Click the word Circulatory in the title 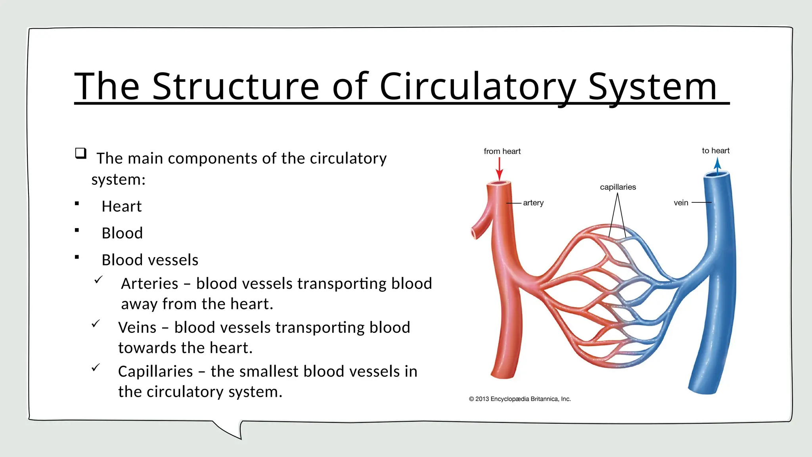[x=478, y=86]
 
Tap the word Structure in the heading [x=236, y=86]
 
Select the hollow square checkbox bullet [x=81, y=153]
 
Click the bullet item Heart [x=121, y=206]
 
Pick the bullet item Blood [x=122, y=233]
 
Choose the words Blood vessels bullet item [x=150, y=260]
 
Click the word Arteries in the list [x=149, y=284]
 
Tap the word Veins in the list [x=137, y=328]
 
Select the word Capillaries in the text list [x=155, y=372]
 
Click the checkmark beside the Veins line [x=96, y=324]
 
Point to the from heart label [x=502, y=151]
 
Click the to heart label [x=715, y=151]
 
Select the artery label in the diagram [x=533, y=203]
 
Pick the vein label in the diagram [x=681, y=203]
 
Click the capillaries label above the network [x=618, y=187]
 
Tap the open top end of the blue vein [x=716, y=174]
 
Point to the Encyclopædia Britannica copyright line [x=520, y=399]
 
